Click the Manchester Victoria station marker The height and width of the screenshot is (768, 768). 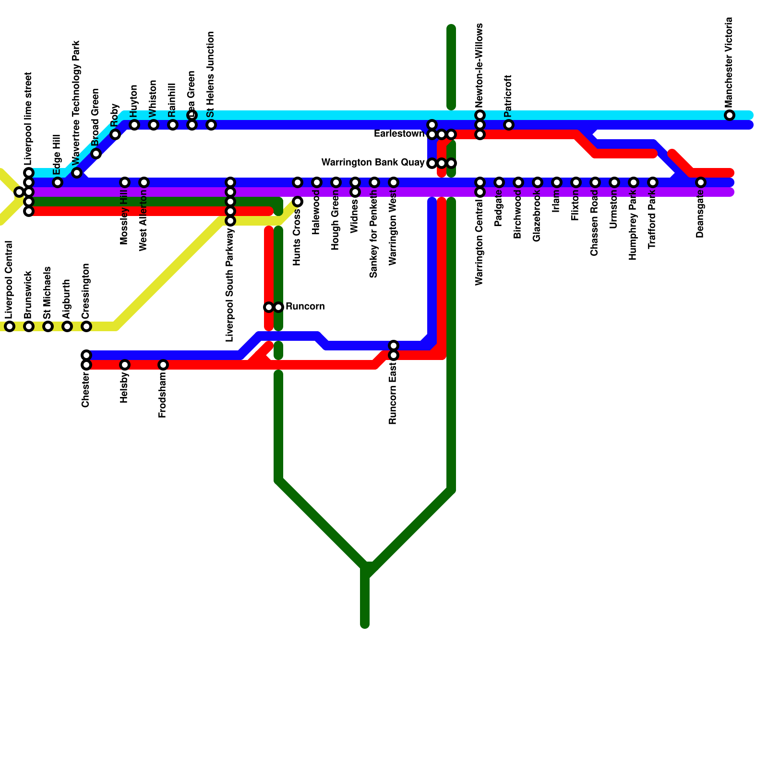pos(730,115)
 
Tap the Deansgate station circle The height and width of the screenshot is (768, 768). pos(701,182)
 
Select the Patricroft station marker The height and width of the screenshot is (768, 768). pos(509,125)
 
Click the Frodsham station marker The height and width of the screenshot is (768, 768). pos(163,365)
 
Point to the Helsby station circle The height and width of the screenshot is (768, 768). pos(125,365)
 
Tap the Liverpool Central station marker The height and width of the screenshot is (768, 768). pos(10,326)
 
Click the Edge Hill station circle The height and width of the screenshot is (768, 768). pos(58,182)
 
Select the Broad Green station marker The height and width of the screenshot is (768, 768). pos(96,154)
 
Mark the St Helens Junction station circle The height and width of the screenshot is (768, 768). pos(211,125)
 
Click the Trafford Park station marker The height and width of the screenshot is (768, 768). pos(653,182)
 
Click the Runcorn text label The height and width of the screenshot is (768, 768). pos(305,307)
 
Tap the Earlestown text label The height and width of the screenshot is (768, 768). pos(399,134)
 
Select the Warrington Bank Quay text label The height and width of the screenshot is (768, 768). pos(372,163)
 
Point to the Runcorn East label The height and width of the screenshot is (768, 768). pos(393,394)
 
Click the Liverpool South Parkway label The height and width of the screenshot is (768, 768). pos(230,285)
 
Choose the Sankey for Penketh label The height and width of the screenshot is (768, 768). pos(374,238)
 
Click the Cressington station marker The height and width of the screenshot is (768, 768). pos(86,326)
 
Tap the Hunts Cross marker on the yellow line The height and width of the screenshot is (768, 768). pos(298,202)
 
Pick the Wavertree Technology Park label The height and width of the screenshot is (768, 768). pos(76,103)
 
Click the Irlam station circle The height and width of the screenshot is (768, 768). pos(557,182)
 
